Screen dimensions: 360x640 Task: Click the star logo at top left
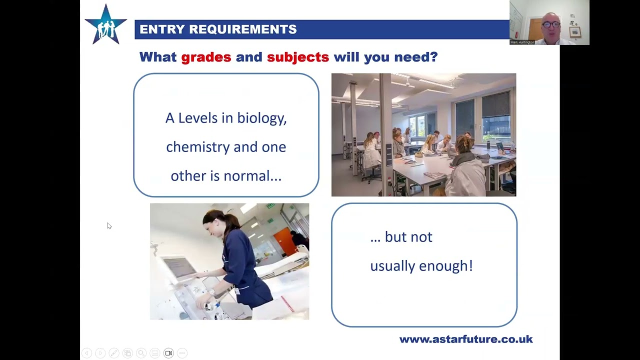(x=106, y=25)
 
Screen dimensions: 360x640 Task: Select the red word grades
(x=206, y=57)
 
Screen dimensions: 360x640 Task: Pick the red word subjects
(x=298, y=57)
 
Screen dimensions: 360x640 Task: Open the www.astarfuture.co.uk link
(x=465, y=339)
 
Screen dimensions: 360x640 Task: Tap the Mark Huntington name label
(x=522, y=42)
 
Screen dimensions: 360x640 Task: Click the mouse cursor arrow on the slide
(x=109, y=226)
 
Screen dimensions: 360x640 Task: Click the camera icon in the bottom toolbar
(x=168, y=353)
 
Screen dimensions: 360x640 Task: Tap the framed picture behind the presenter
(x=575, y=32)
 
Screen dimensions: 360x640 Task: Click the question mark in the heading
(x=433, y=57)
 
